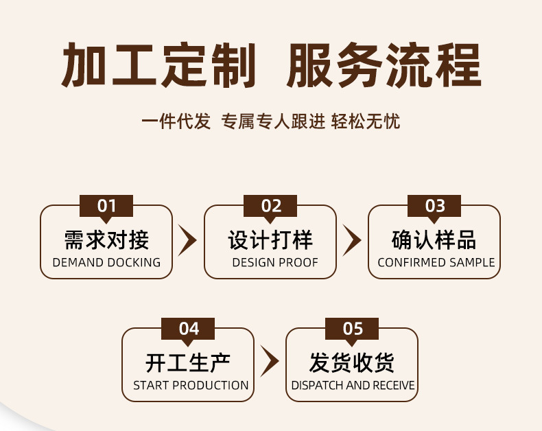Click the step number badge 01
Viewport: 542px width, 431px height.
(x=106, y=206)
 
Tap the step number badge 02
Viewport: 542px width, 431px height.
(x=271, y=206)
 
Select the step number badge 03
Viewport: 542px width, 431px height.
(x=435, y=206)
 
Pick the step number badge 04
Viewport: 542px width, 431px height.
(x=189, y=329)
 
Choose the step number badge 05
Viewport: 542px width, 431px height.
(x=353, y=329)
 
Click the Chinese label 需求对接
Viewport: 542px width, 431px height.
(x=106, y=240)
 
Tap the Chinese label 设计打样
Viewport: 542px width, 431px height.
(x=270, y=240)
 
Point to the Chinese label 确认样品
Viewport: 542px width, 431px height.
(x=434, y=240)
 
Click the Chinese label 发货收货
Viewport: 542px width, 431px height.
(x=352, y=362)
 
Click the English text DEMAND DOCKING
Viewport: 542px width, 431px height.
(x=106, y=263)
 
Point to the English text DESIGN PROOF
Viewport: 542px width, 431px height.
(x=275, y=263)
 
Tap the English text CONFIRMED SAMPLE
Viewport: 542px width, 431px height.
(x=436, y=263)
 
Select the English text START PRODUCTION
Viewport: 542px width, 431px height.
(x=191, y=386)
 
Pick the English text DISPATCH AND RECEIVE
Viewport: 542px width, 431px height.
(x=353, y=386)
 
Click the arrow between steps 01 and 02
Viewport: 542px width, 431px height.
(x=187, y=240)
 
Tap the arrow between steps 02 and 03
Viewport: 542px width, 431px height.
(x=352, y=240)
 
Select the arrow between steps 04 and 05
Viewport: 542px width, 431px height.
(x=270, y=362)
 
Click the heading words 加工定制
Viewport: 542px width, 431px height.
(x=158, y=66)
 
